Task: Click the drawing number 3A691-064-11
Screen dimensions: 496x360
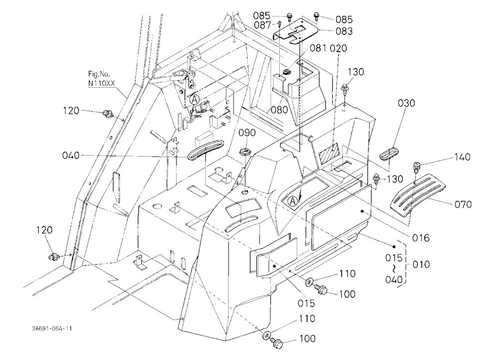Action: click(x=52, y=328)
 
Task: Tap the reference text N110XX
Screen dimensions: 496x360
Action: click(x=101, y=83)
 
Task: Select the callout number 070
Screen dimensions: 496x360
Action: click(x=463, y=204)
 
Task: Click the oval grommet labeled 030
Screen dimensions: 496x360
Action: click(x=389, y=154)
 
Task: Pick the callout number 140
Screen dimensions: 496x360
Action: click(x=462, y=157)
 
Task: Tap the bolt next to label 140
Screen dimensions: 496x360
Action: click(x=417, y=167)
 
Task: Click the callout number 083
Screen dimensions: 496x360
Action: click(x=344, y=31)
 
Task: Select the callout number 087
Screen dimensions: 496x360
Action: click(x=262, y=25)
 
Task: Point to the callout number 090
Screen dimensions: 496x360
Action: click(x=247, y=132)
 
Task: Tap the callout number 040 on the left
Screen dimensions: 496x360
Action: click(x=71, y=156)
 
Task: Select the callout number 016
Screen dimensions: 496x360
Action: click(x=421, y=238)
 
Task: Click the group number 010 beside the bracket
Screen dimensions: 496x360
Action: click(x=421, y=264)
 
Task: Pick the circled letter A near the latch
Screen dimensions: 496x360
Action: click(x=195, y=99)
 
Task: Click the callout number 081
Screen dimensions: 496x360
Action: click(x=318, y=49)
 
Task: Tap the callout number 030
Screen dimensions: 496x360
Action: click(x=407, y=103)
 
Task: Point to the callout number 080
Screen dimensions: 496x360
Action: click(x=279, y=110)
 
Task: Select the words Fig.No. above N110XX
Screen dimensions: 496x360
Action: click(x=99, y=74)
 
